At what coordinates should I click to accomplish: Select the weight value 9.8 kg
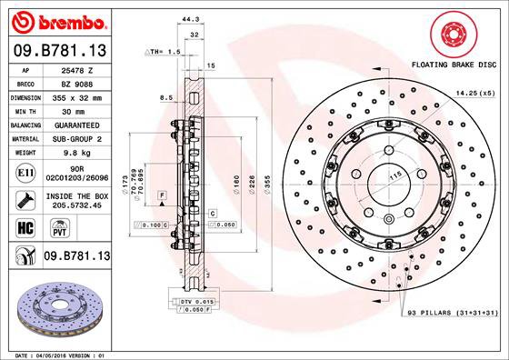coord(75,154)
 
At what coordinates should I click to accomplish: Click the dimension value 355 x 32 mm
coord(75,95)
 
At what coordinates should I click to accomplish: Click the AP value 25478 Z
coord(75,67)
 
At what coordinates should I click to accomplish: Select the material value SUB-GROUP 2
coord(75,139)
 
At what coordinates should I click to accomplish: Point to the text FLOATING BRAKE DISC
coord(454,66)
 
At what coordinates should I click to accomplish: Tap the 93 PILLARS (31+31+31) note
coord(453,313)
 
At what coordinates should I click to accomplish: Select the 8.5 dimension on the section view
coord(166,96)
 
